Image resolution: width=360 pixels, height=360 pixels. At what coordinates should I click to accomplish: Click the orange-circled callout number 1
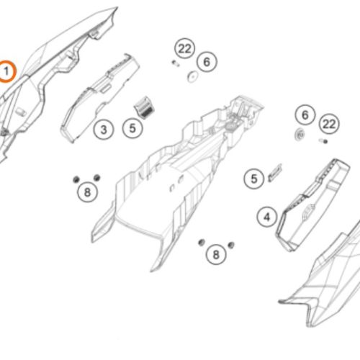[x=6, y=71]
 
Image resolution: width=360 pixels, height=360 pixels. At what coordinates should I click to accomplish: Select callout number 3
[x=104, y=130]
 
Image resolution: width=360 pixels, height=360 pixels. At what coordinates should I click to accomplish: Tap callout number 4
[x=267, y=217]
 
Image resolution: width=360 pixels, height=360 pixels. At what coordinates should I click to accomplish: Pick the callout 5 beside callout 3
[x=132, y=128]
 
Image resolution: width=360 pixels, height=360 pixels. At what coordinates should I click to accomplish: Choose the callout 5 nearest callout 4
[x=254, y=179]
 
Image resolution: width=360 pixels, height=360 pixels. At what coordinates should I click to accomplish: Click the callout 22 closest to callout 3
[x=184, y=48]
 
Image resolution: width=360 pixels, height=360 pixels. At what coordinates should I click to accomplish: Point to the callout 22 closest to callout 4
[x=329, y=124]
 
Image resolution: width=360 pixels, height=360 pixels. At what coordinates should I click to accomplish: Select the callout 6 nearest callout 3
[x=207, y=62]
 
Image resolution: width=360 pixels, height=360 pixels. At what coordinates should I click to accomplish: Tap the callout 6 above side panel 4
[x=305, y=115]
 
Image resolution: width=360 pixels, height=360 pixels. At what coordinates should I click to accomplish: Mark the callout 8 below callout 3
[x=87, y=192]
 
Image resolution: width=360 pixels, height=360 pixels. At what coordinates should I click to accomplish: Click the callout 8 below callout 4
[x=216, y=254]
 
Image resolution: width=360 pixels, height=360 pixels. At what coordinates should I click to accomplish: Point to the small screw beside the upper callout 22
[x=176, y=63]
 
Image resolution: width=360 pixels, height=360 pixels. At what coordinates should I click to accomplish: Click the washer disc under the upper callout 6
[x=192, y=77]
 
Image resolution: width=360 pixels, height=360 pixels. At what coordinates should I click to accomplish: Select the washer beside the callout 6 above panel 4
[x=300, y=135]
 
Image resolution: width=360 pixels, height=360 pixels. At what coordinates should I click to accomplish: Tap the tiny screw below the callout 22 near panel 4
[x=323, y=141]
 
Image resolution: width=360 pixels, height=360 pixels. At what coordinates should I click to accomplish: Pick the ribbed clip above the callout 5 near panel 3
[x=144, y=107]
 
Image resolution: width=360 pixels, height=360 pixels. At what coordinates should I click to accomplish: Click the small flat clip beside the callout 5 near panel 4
[x=275, y=172]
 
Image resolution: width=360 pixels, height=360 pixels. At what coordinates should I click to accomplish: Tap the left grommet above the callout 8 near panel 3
[x=76, y=179]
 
